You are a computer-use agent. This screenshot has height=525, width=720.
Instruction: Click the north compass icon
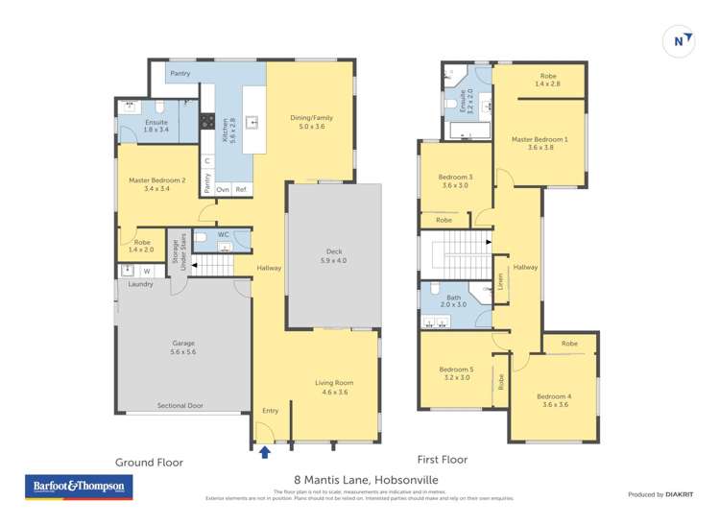click(x=680, y=40)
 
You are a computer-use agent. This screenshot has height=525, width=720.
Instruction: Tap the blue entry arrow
click(x=265, y=449)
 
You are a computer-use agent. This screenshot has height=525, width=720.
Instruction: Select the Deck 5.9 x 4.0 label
click(x=334, y=256)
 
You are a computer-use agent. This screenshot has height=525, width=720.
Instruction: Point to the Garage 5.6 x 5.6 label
click(x=183, y=347)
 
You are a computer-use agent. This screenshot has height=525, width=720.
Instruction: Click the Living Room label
click(x=334, y=388)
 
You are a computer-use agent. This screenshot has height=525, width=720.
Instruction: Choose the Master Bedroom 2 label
click(x=156, y=184)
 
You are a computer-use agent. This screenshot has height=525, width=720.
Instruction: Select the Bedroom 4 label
click(x=553, y=401)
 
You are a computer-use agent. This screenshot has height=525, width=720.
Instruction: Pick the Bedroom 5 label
click(x=456, y=373)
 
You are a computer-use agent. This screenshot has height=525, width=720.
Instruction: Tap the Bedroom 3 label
click(x=455, y=180)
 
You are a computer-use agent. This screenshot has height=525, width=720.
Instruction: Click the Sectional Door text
click(x=180, y=406)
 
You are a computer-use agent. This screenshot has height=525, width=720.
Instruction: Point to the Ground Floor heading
click(x=149, y=462)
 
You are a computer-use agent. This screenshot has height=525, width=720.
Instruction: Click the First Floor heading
click(x=442, y=460)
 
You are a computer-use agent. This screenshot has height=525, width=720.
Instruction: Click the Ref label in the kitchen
click(x=241, y=189)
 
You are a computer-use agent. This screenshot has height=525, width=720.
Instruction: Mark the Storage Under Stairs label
click(x=178, y=251)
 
